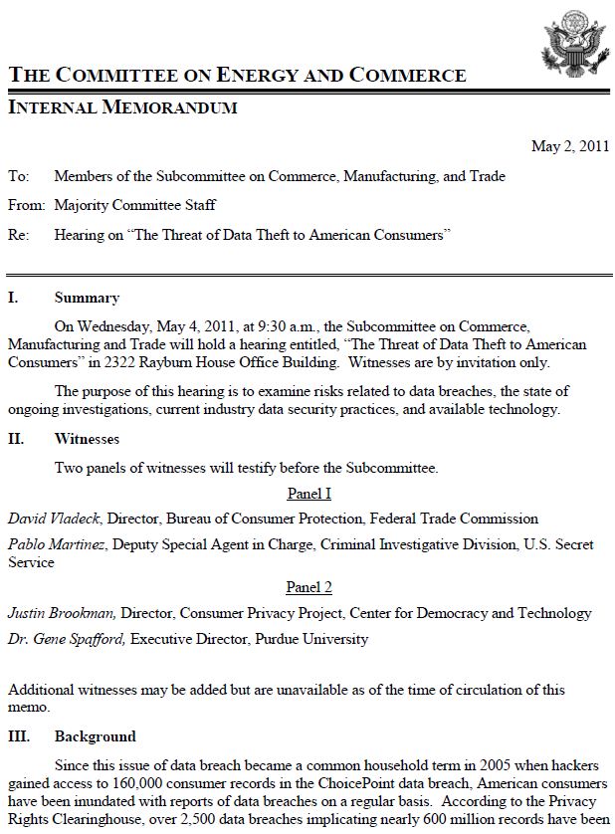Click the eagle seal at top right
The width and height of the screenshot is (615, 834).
(x=571, y=39)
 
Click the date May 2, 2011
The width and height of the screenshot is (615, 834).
(x=569, y=145)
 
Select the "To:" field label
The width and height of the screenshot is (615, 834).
(x=19, y=176)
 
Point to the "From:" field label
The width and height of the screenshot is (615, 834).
(x=27, y=205)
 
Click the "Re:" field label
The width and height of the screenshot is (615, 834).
(x=19, y=235)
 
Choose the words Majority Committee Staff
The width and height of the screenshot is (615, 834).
(x=134, y=205)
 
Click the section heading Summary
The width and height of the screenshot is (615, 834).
(x=87, y=298)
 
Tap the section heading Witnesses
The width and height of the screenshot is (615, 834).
(x=87, y=438)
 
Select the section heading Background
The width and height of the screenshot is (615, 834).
(x=95, y=736)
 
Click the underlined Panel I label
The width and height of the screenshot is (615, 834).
(x=308, y=494)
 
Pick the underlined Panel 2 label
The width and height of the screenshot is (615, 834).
(x=308, y=587)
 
